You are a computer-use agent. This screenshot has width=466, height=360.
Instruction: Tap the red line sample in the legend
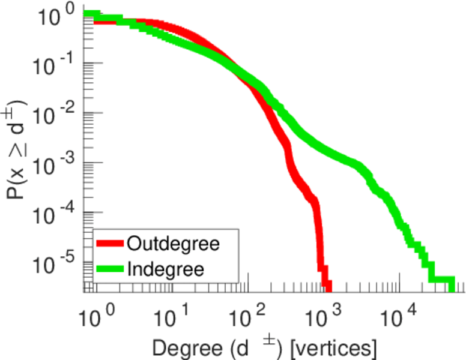[x=110, y=244]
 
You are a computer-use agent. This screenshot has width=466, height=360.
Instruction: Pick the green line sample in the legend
[x=110, y=269]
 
